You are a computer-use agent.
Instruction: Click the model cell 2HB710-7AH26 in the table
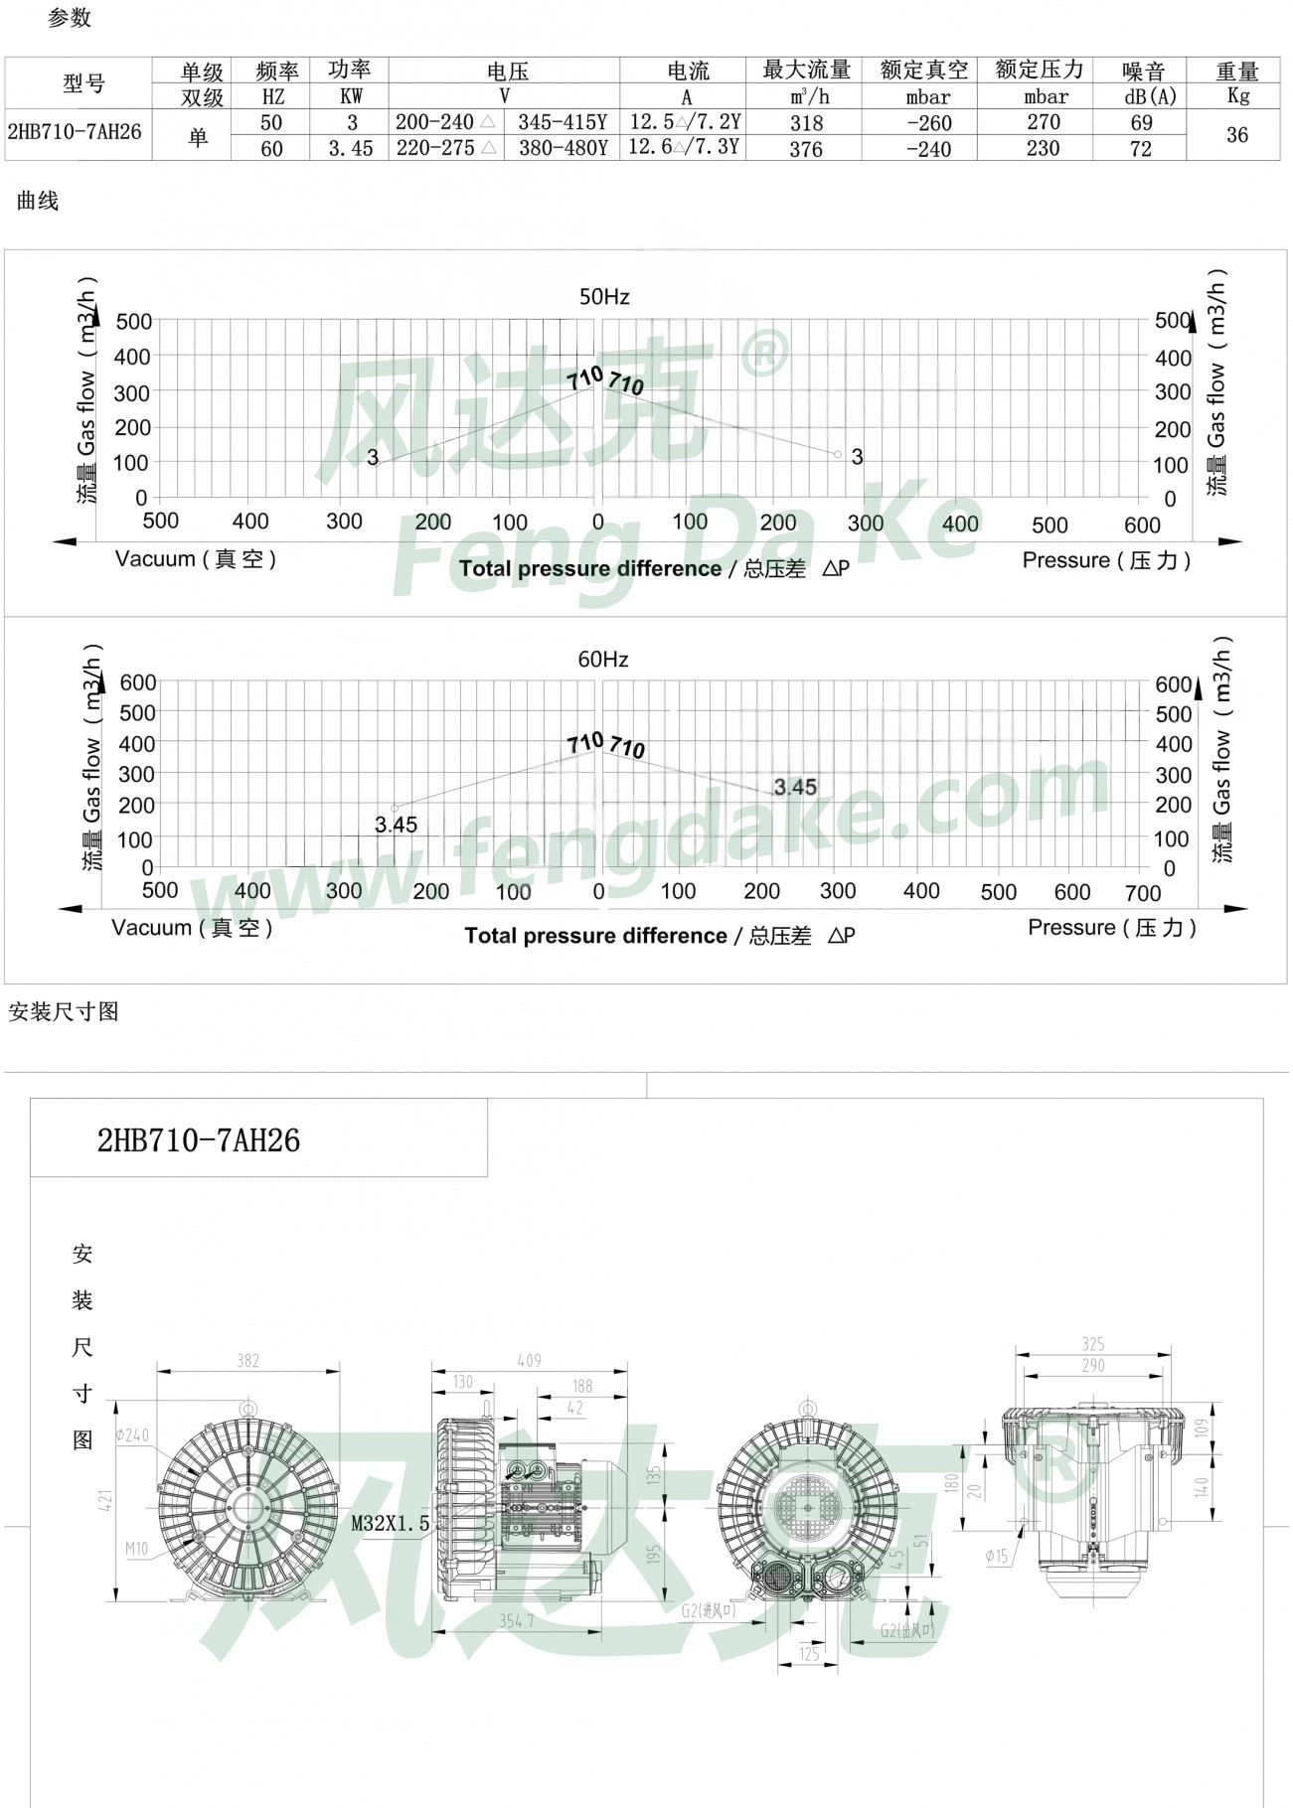click(x=75, y=132)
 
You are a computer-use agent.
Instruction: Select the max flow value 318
click(x=806, y=123)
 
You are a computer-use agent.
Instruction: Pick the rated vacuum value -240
click(x=928, y=149)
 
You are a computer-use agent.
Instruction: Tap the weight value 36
click(x=1236, y=135)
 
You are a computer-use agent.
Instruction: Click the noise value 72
click(x=1141, y=149)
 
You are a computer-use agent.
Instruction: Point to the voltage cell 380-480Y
click(x=563, y=149)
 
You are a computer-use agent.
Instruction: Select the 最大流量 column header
click(x=806, y=71)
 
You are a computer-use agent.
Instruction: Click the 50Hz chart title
click(x=604, y=297)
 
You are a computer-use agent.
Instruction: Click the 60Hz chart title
click(x=603, y=660)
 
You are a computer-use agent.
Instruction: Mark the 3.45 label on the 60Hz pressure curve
click(x=795, y=788)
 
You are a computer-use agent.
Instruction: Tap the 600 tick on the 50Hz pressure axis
click(x=1142, y=526)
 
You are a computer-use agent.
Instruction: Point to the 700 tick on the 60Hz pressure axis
click(x=1143, y=893)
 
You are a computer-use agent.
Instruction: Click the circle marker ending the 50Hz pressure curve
click(x=838, y=455)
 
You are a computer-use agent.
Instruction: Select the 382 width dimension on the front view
click(x=247, y=1361)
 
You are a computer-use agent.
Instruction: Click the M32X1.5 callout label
click(x=390, y=1523)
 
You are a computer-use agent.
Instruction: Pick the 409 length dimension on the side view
click(x=529, y=1361)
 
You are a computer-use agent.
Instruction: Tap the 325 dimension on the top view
click(x=1093, y=1344)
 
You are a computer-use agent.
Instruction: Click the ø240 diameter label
click(x=132, y=1434)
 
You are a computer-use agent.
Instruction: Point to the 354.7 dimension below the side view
click(x=516, y=1620)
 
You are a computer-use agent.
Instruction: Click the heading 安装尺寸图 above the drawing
click(x=64, y=1012)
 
